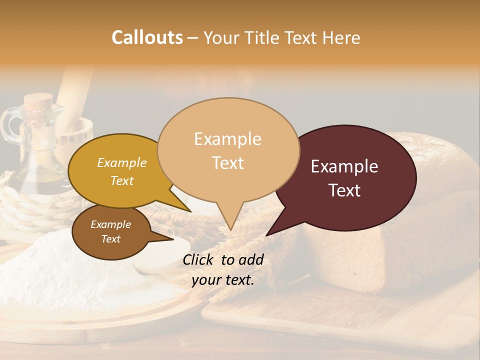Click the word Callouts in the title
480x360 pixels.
[x=147, y=37]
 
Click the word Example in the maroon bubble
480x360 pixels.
[x=344, y=166]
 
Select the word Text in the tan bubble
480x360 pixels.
[x=228, y=163]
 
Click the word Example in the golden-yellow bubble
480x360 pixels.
[x=121, y=163]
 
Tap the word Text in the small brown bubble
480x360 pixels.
[x=110, y=239]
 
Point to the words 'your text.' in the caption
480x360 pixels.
[x=223, y=280]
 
